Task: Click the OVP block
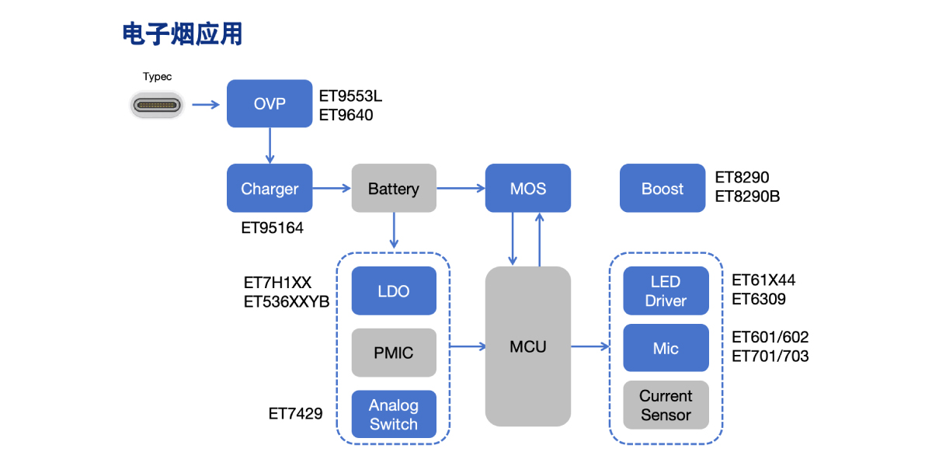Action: [270, 103]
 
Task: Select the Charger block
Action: [270, 188]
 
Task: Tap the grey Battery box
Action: [394, 188]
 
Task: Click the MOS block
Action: [528, 188]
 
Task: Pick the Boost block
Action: [662, 188]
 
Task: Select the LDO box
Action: [394, 291]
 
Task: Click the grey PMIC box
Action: [394, 353]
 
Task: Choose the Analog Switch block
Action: [394, 414]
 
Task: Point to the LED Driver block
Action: [666, 291]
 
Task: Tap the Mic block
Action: [666, 348]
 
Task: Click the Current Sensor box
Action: [666, 405]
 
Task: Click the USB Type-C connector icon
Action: [157, 104]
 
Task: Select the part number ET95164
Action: [273, 228]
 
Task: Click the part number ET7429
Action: [295, 414]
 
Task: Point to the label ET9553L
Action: [351, 97]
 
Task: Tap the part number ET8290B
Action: [747, 196]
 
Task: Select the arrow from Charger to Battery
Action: [332, 188]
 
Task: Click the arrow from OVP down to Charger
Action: [270, 145]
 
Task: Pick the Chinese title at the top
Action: [183, 34]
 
